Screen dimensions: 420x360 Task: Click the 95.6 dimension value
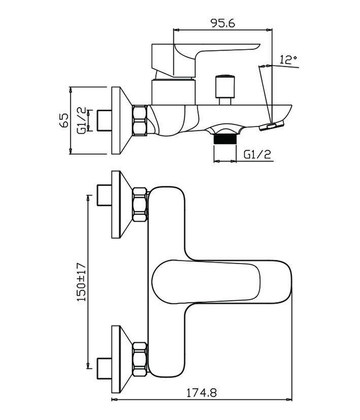click(222, 23)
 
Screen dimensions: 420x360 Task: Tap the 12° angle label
click(288, 60)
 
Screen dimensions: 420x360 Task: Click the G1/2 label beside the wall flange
click(81, 120)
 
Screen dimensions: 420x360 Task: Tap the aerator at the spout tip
click(274, 126)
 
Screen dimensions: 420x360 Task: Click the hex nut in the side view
click(140, 120)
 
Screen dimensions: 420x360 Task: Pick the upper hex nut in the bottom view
click(140, 204)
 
